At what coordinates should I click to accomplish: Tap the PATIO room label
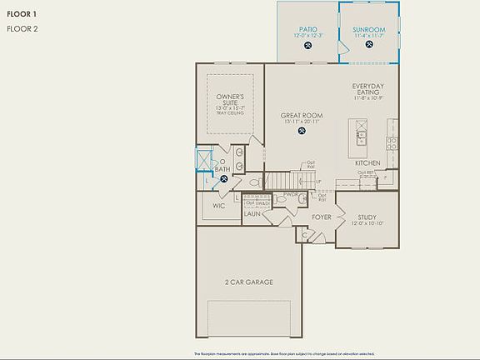307,29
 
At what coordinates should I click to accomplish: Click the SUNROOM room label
367,29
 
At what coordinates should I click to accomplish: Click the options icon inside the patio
308,46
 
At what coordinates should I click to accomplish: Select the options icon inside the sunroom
367,46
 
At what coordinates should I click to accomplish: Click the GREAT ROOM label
302,116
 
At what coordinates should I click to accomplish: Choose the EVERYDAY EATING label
367,90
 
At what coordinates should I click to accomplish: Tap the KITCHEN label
367,162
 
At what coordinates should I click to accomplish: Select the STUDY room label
367,217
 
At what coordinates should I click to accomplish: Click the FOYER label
322,217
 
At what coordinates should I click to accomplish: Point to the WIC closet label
218,205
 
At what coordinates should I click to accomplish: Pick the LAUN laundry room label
252,214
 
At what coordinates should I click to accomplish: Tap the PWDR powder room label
291,194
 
